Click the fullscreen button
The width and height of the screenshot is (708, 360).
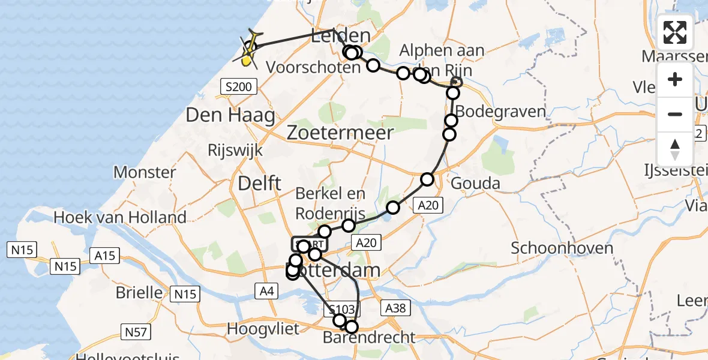pyautogui.click(x=675, y=32)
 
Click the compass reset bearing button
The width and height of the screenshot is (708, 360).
pyautogui.click(x=675, y=149)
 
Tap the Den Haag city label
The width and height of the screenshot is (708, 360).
pyautogui.click(x=230, y=115)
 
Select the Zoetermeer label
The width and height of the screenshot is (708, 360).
pyautogui.click(x=340, y=133)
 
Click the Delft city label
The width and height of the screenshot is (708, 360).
pyautogui.click(x=260, y=184)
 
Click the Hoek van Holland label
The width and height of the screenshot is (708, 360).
pyautogui.click(x=120, y=217)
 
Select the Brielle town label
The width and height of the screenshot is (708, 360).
pyautogui.click(x=139, y=293)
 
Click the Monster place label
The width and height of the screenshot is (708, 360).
pyautogui.click(x=153, y=173)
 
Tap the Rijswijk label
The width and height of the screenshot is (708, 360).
pyautogui.click(x=235, y=149)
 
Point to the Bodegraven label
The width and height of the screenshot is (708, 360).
pyautogui.click(x=501, y=112)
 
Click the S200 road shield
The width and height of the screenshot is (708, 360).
pyautogui.click(x=239, y=88)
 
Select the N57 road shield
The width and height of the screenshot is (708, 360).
pyautogui.click(x=138, y=331)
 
